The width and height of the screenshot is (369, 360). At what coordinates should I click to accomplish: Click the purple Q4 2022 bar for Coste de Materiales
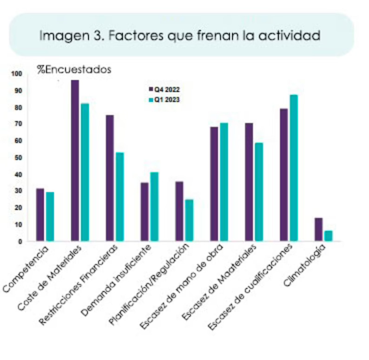click(x=75, y=160)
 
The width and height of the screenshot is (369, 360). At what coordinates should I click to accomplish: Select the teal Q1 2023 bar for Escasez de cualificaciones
click(x=294, y=168)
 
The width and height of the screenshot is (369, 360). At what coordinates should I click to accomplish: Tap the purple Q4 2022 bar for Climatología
click(x=318, y=229)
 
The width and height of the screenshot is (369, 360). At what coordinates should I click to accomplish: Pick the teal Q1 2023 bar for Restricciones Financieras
click(x=120, y=196)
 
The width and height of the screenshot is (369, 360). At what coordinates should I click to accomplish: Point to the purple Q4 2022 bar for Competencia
click(x=40, y=215)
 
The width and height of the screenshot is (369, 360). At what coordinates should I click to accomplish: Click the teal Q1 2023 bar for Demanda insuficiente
click(x=154, y=207)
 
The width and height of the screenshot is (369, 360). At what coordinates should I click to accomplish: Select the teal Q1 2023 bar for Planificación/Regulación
click(x=189, y=220)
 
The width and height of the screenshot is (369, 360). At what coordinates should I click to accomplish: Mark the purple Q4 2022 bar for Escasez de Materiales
click(x=249, y=182)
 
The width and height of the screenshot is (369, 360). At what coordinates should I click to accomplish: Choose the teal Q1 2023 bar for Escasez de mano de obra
click(x=224, y=182)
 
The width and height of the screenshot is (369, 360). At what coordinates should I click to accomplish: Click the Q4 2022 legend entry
click(x=164, y=89)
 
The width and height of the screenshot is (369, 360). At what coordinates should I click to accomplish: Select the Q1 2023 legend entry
click(x=164, y=99)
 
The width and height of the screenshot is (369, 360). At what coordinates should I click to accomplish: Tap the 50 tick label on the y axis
click(x=19, y=158)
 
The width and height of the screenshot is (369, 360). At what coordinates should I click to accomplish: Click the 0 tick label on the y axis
click(x=20, y=242)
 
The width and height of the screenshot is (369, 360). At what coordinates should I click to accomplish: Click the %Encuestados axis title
click(x=74, y=70)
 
